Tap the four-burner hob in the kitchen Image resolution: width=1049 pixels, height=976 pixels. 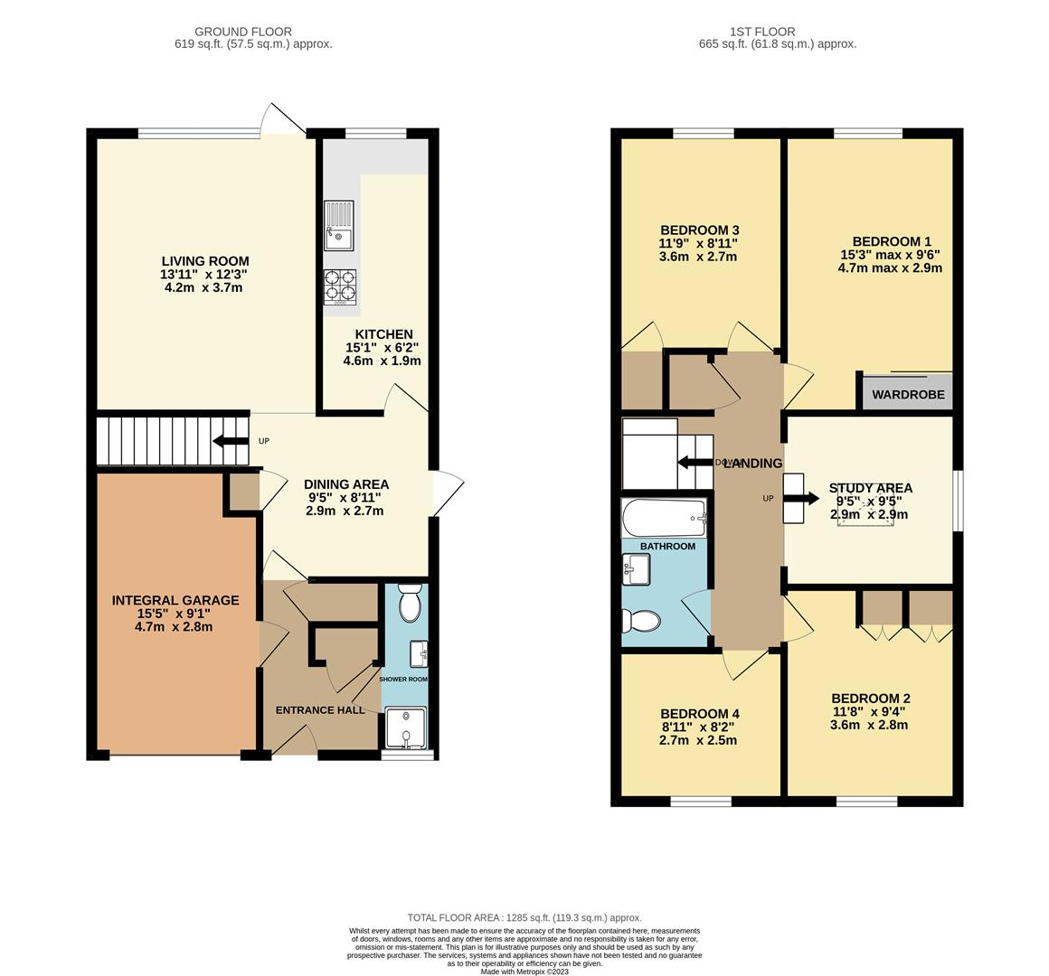pyautogui.click(x=340, y=286)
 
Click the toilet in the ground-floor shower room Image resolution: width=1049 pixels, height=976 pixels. pyautogui.click(x=410, y=604)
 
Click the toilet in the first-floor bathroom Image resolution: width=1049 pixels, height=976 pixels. pyautogui.click(x=641, y=621)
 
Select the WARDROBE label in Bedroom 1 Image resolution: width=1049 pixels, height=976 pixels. pyautogui.click(x=908, y=395)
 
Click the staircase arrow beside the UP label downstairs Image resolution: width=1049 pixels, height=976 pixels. pyautogui.click(x=231, y=441)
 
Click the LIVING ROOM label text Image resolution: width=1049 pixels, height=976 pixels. pyautogui.click(x=205, y=262)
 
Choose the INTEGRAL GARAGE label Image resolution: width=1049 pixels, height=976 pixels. pyautogui.click(x=175, y=600)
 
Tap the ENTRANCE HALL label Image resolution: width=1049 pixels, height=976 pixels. pyautogui.click(x=320, y=709)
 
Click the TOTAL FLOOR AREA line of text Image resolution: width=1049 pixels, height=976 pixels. pyautogui.click(x=524, y=916)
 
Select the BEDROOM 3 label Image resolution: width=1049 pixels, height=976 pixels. pyautogui.click(x=699, y=230)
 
